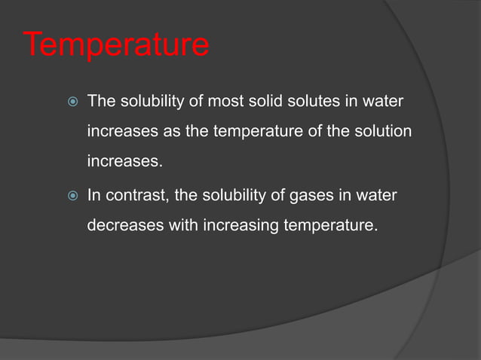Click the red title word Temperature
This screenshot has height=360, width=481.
[117, 44]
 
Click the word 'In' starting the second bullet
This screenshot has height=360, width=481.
[94, 196]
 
